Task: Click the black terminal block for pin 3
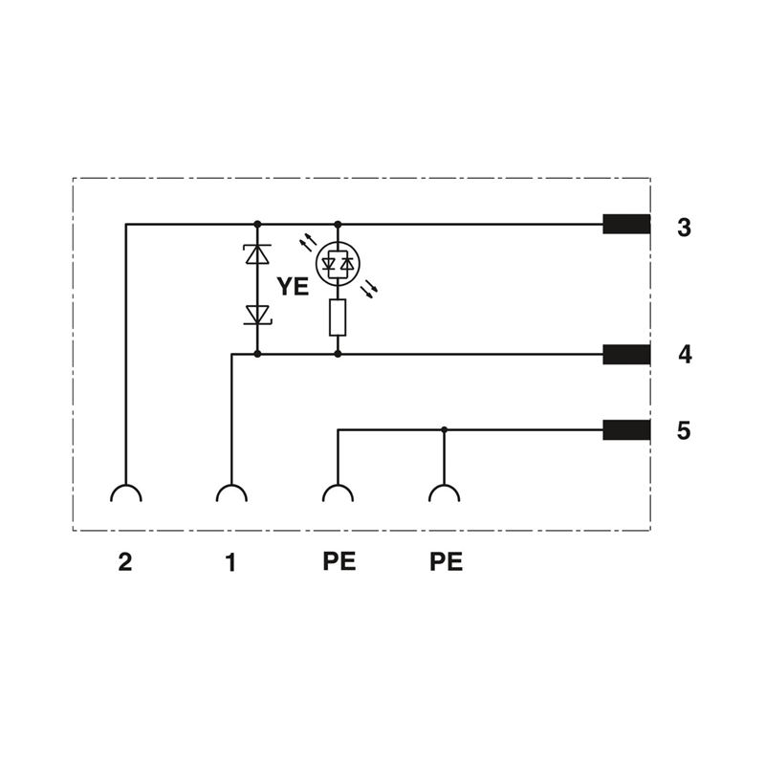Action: [626, 224]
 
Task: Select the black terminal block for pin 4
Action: [626, 354]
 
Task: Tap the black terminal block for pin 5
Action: [626, 429]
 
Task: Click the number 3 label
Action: [684, 228]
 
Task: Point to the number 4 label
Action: [685, 355]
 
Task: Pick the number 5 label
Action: [684, 431]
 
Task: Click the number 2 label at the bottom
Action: [125, 562]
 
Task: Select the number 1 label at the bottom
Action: [230, 562]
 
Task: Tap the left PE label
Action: [339, 561]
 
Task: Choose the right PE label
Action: [446, 562]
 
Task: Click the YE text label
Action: [293, 286]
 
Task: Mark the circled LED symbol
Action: [338, 264]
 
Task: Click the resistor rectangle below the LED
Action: [338, 317]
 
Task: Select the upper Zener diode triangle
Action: [257, 254]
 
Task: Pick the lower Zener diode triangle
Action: [257, 315]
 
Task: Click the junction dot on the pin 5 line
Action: [444, 429]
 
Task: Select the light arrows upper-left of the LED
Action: [307, 242]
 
